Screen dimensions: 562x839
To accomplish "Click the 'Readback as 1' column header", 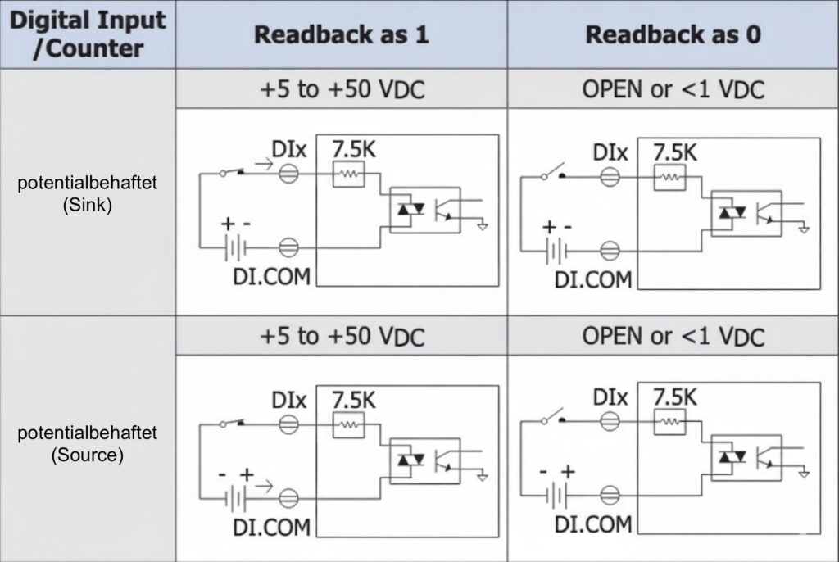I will [x=341, y=34].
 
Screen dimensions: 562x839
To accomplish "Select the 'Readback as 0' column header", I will [x=672, y=34].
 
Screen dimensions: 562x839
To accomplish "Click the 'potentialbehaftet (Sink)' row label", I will [x=87, y=193].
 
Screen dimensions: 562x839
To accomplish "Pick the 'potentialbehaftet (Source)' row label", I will [x=87, y=444].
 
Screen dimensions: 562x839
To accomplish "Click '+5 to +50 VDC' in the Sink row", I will [x=342, y=88].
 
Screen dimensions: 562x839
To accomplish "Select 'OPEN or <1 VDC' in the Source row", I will [x=673, y=336].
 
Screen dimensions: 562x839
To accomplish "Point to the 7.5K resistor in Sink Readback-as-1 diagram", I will [x=348, y=174].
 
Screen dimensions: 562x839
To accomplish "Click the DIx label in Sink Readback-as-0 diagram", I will [x=610, y=152].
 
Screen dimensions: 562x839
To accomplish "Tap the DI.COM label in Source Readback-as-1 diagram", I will [x=271, y=525].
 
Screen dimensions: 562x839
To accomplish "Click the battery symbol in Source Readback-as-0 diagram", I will [x=556, y=495].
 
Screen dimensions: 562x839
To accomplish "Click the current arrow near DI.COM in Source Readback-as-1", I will [x=265, y=486].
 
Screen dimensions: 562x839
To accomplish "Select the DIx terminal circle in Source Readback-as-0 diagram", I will [x=610, y=422].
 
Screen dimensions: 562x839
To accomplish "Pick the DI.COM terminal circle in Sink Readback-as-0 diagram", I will [x=610, y=250].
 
